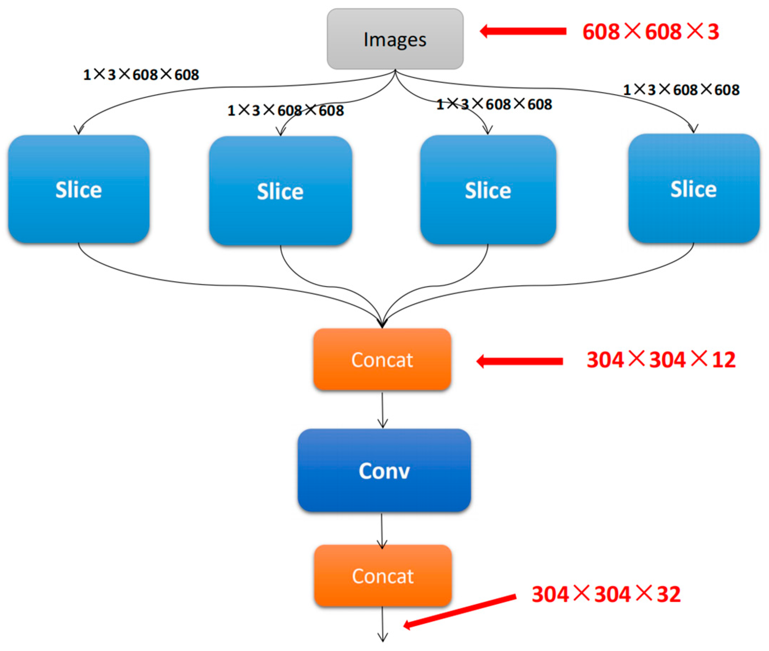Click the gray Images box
tap(395, 39)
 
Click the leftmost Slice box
tap(78, 189)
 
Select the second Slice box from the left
tap(280, 191)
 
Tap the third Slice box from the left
tap(488, 190)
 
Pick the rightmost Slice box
tap(693, 189)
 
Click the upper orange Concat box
tap(382, 360)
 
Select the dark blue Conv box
tap(384, 470)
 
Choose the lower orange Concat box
tap(383, 576)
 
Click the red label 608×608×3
tap(650, 32)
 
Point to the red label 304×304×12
tap(661, 360)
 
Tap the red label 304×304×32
tap(606, 594)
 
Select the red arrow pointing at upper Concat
tap(520, 361)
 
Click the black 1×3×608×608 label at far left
tap(141, 75)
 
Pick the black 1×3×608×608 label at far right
tap(681, 90)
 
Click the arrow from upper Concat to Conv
tap(382, 410)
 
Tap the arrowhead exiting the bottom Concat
tap(383, 638)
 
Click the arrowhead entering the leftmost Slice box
tap(78, 130)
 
